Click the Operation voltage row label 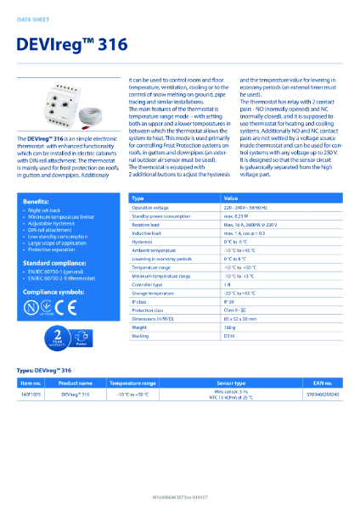153,207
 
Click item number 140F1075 31,394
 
